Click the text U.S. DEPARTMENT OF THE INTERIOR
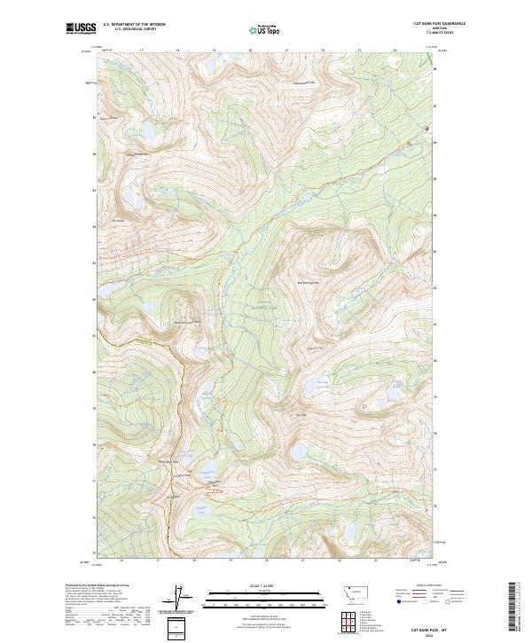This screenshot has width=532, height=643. pos(134,25)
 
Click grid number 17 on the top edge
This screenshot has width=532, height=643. pos(142,51)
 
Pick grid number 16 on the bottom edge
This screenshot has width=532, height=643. pos(121,561)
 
